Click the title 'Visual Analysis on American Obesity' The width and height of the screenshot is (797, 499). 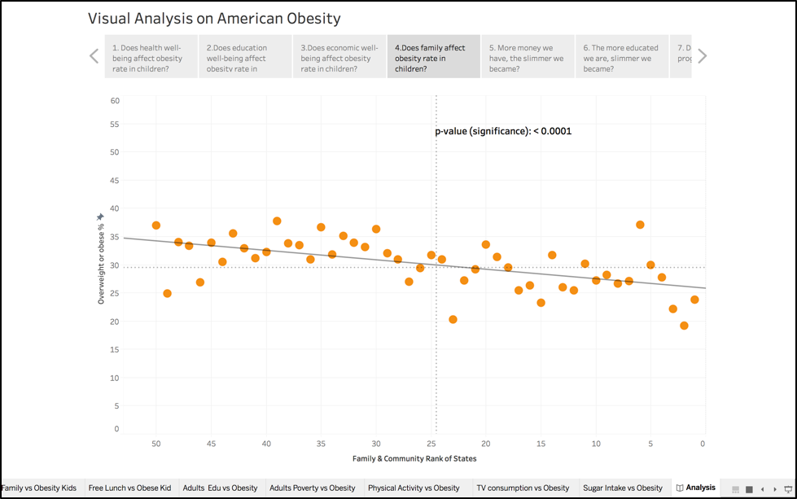coord(214,19)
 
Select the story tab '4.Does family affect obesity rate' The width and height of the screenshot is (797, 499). coord(433,57)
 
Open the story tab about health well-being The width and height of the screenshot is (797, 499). coord(151,57)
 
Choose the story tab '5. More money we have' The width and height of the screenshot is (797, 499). coord(527,57)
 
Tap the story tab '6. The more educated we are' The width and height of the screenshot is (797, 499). coord(621,57)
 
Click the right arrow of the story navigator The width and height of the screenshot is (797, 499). coord(702,56)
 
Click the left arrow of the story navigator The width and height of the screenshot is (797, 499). coord(94,56)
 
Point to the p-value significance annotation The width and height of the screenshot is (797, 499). coord(504,130)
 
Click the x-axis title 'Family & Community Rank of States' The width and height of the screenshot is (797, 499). coord(414,458)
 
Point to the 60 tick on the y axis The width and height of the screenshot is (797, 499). coord(115,101)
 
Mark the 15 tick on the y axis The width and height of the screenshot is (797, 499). coord(115,350)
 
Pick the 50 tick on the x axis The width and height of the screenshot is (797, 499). coord(155,444)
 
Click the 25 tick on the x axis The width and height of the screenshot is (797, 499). coord(431,444)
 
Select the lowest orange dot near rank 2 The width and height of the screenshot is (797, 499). coord(684,326)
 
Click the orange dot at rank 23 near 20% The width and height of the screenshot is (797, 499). coord(453,320)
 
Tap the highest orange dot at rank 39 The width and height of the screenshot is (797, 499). coord(277,221)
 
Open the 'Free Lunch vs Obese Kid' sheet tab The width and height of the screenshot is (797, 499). coord(129,488)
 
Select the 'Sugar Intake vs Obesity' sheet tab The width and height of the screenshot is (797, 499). coord(622,488)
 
